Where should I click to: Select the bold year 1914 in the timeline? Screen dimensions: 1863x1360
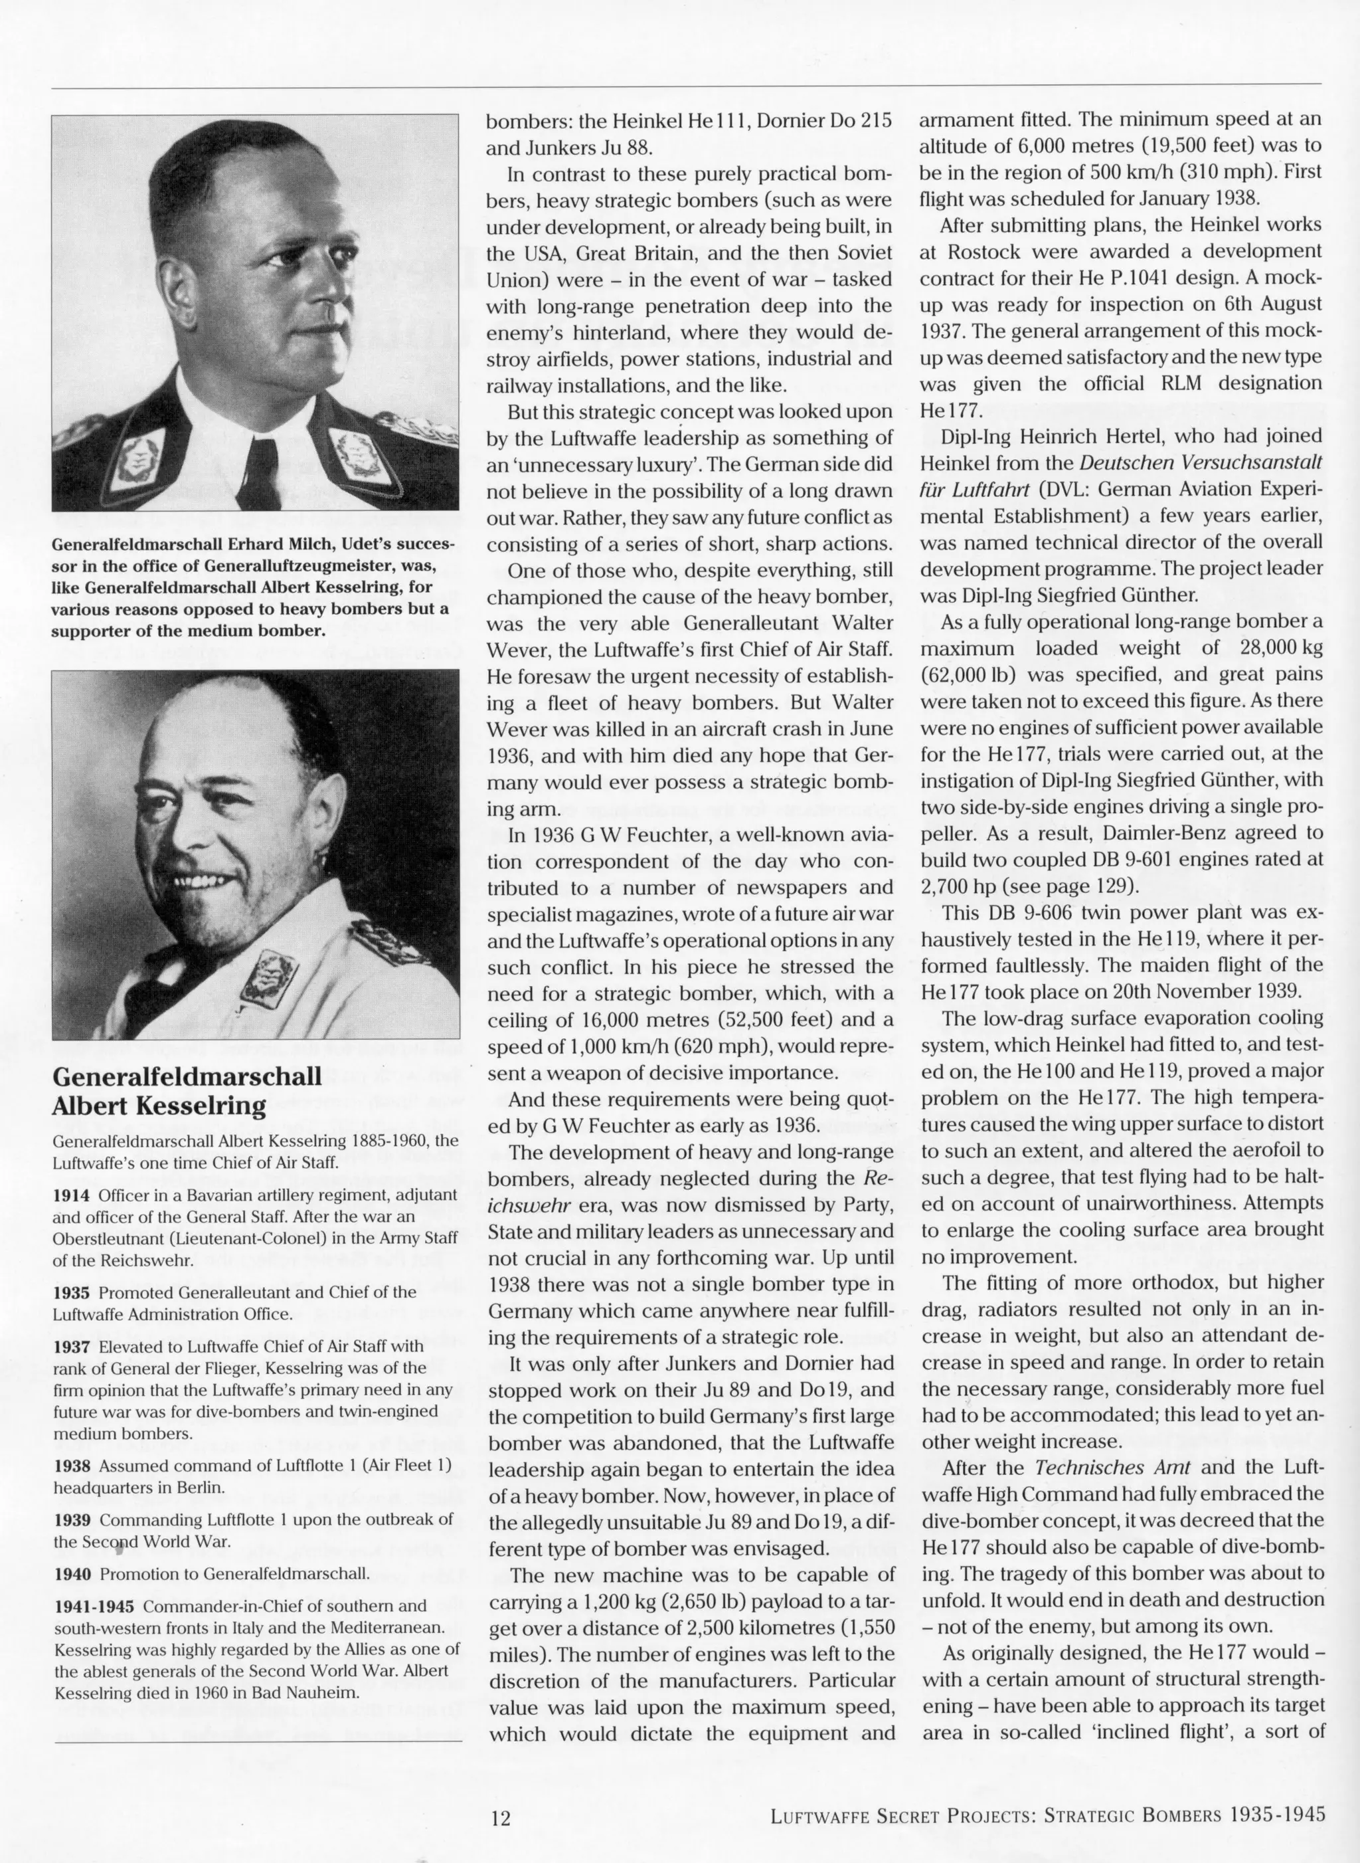pos(72,1194)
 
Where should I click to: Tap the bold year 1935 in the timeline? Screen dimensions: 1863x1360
pos(72,1292)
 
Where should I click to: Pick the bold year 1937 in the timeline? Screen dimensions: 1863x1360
pos(72,1346)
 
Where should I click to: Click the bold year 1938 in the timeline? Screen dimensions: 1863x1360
pos(72,1466)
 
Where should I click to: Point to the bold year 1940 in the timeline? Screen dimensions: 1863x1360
pos(72,1574)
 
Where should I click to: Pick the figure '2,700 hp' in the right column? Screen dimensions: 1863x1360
pos(958,886)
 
